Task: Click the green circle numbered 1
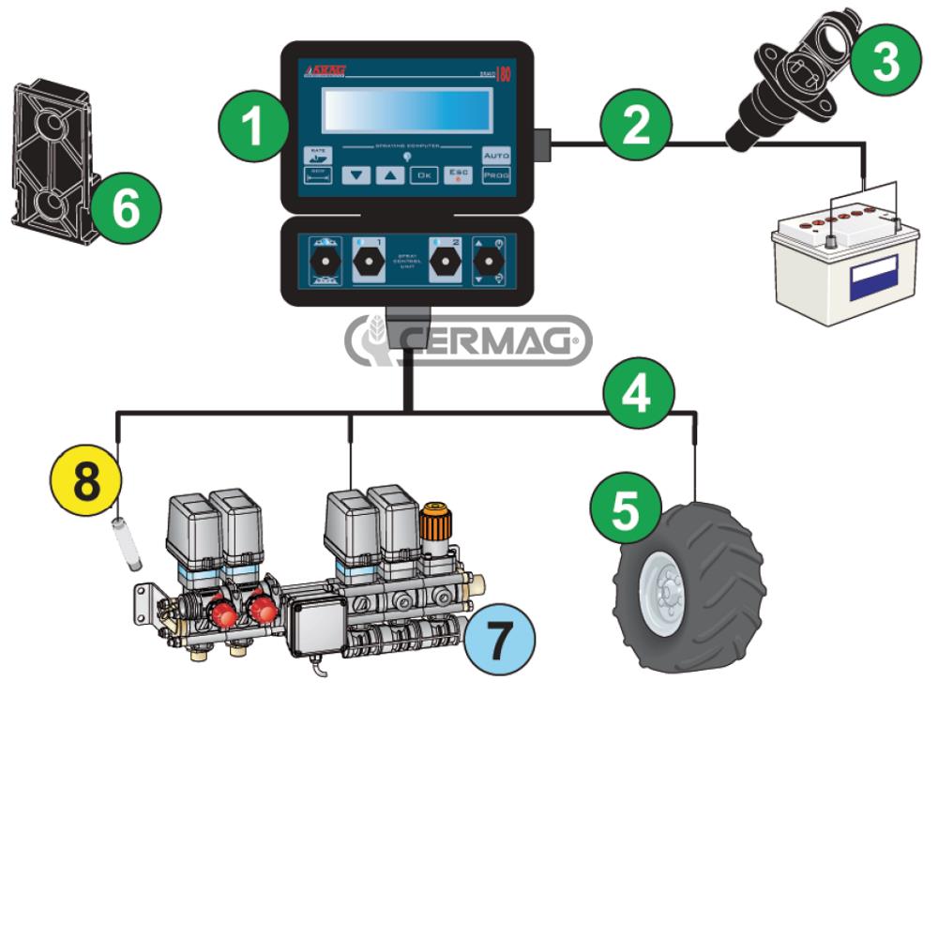point(253,127)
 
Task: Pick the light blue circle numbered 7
point(499,640)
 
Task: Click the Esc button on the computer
point(459,174)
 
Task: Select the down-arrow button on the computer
point(356,174)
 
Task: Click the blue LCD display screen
point(407,112)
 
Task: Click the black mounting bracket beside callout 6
point(52,159)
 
